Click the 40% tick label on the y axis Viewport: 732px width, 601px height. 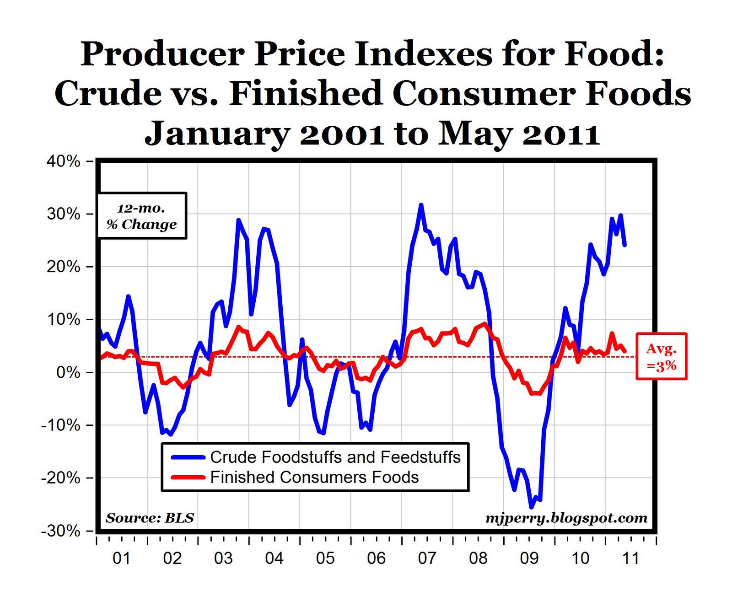tap(64, 161)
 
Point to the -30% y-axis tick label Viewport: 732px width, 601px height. tap(61, 531)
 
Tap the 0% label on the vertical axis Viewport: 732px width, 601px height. tap(68, 373)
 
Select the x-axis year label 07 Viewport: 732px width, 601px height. tap(427, 558)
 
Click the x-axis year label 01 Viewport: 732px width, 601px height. tap(121, 558)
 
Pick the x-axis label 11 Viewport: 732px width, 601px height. tap(631, 558)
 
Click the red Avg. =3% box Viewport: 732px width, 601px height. tap(661, 356)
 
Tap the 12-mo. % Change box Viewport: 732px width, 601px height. tap(142, 216)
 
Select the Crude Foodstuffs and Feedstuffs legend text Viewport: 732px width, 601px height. tap(335, 457)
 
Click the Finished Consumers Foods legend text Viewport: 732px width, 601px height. tap(314, 478)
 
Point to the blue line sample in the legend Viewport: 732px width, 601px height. tap(188, 457)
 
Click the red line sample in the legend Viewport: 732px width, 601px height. tap(188, 478)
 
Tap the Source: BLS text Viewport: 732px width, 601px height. tap(150, 518)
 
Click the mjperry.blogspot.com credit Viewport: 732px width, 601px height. tap(566, 518)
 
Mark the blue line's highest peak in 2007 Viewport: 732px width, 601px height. tap(421, 205)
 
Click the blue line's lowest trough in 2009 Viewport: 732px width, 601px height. tap(531, 507)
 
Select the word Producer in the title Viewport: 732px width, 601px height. tap(162, 54)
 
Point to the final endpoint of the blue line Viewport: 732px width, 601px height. tap(625, 245)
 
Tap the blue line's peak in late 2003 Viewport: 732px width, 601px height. tap(238, 220)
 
